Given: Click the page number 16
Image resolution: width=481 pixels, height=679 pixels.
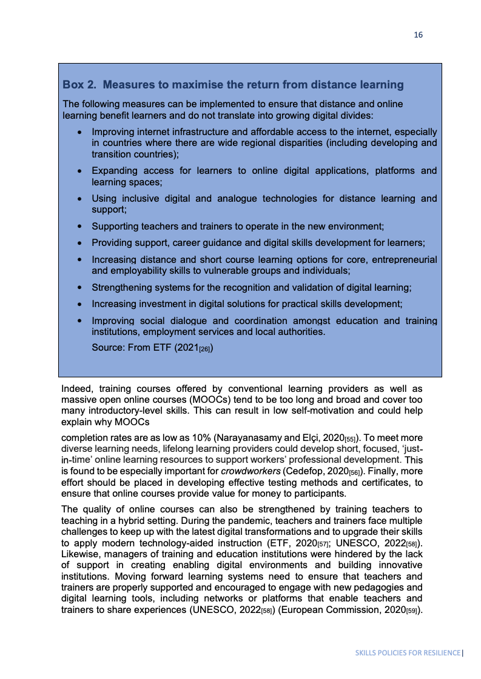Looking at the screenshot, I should [418, 35].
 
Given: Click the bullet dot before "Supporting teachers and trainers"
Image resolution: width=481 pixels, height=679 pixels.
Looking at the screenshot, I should [79, 227].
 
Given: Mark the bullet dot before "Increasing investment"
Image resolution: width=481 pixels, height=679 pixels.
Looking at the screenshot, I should [79, 304].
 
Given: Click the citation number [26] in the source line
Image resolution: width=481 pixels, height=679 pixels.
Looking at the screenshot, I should [204, 349].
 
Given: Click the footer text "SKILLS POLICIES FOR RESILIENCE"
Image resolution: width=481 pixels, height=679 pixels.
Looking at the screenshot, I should [408, 654].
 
